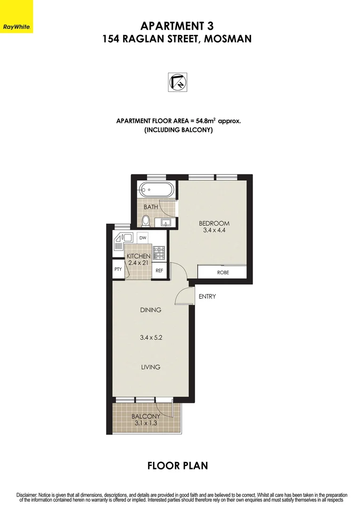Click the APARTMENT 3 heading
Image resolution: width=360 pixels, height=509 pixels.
pos(177,25)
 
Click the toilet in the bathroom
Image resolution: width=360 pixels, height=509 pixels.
pos(146,220)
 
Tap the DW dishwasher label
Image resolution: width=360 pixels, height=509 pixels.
pos(142,238)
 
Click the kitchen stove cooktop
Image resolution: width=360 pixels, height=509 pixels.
pos(160,254)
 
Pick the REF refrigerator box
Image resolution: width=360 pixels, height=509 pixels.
pos(159,271)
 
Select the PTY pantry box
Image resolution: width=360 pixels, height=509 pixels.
pos(118,270)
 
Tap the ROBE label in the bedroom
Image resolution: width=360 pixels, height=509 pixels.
pos(223,272)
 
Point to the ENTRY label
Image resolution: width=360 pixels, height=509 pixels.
pos(207,296)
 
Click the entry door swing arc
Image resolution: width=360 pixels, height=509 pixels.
pos(181,297)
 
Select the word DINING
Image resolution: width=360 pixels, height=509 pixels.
pos(151,310)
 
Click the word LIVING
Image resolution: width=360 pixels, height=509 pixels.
pos(151,367)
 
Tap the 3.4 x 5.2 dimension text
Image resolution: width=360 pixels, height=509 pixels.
pos(151,337)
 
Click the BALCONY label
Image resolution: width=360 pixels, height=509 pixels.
pos(146,417)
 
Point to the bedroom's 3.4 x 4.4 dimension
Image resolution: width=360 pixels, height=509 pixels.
pos(213,231)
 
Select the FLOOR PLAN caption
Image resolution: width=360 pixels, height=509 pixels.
pos(178,466)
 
